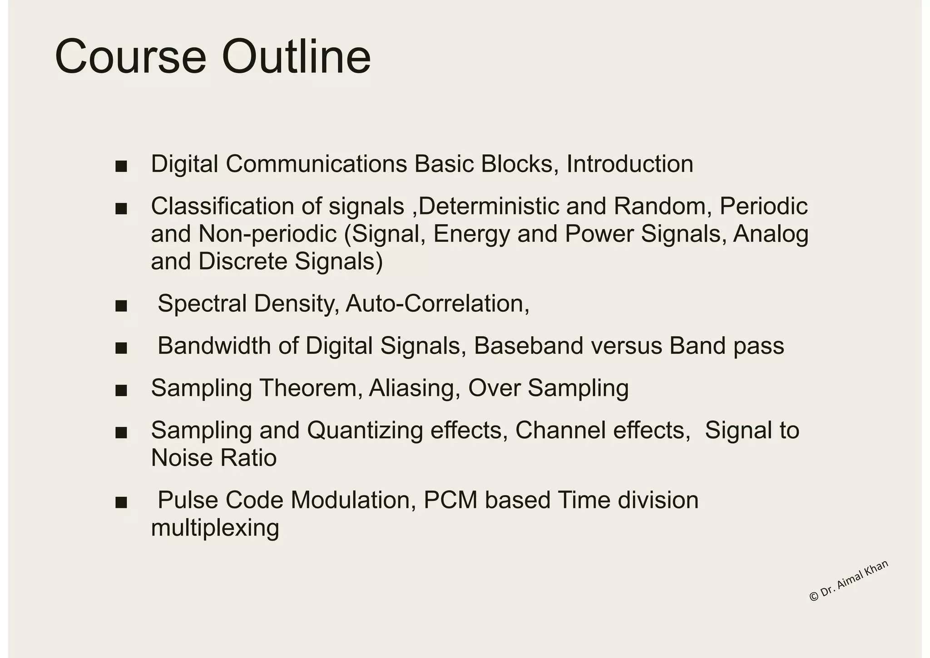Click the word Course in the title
(x=131, y=58)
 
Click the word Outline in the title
(x=296, y=58)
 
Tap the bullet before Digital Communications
(x=121, y=166)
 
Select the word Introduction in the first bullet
(x=629, y=164)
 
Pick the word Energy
(x=471, y=234)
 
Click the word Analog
(x=771, y=234)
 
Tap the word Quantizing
(x=365, y=430)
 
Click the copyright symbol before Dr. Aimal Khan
(x=814, y=597)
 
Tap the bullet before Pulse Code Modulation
(x=121, y=503)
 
